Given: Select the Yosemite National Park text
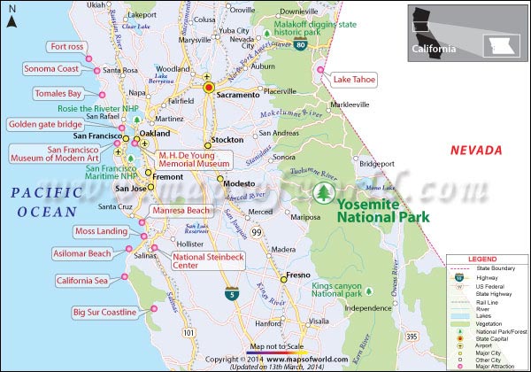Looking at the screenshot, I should [x=383, y=209].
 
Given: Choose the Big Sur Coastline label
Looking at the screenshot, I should [x=104, y=313].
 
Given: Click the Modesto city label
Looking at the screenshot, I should [x=239, y=183].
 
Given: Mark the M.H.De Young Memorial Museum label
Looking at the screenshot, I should [x=193, y=159].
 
